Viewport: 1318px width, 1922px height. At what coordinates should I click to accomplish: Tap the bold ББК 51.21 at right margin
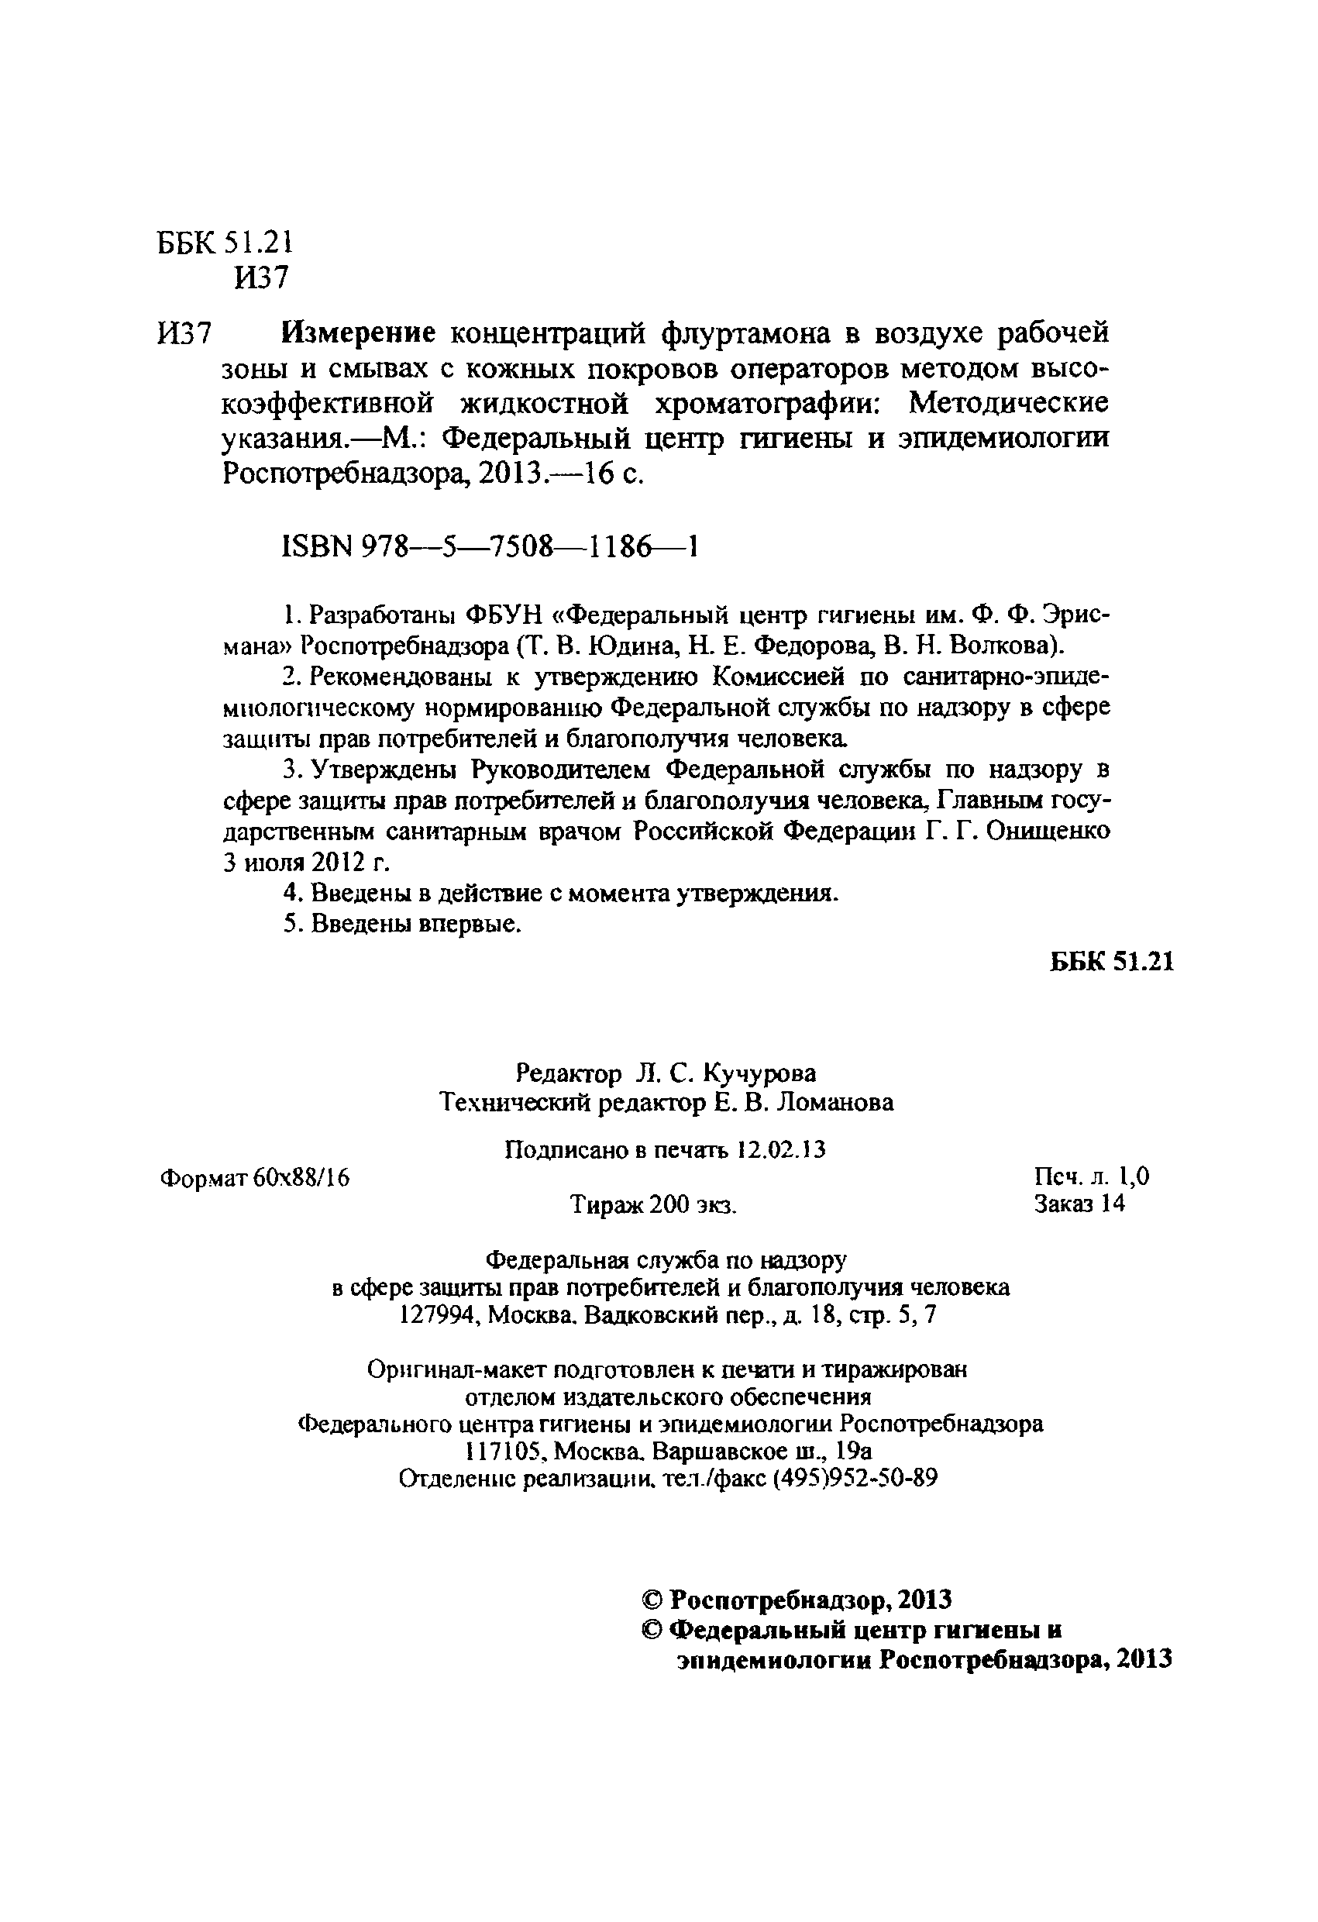point(1111,961)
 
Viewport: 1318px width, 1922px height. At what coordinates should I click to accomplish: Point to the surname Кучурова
point(759,1073)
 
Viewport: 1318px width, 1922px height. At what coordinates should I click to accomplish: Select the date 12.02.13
point(780,1149)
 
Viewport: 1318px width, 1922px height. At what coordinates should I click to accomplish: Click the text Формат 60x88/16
point(254,1178)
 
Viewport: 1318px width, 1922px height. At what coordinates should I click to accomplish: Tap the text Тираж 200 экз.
point(653,1206)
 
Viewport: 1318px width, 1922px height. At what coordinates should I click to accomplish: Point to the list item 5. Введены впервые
point(402,924)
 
